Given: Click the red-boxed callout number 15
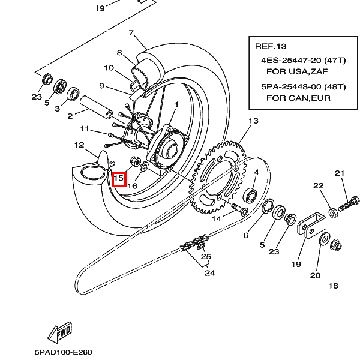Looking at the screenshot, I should [118, 179].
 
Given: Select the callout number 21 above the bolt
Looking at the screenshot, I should [340, 174].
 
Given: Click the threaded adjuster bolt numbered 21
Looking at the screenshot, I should [348, 203].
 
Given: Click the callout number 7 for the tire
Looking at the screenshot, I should [131, 33].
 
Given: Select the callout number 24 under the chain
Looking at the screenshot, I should [209, 274].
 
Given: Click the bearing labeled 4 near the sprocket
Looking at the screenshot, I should [251, 195].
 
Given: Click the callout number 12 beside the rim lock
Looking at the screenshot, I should [80, 145].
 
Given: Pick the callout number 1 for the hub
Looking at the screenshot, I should [176, 105].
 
